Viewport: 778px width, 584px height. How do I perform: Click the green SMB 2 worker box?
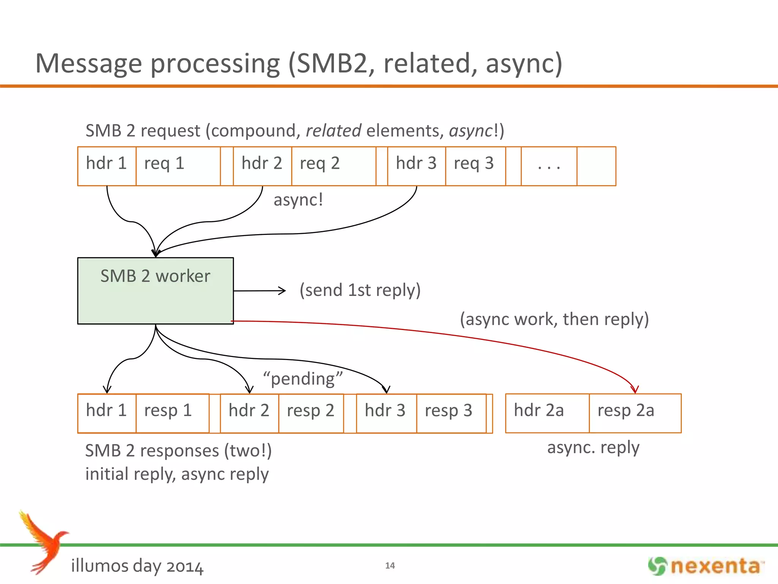(155, 291)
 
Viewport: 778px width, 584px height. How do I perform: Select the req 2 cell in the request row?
(334, 166)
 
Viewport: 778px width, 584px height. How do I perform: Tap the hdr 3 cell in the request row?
(416, 166)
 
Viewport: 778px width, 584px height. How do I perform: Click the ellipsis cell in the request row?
(549, 166)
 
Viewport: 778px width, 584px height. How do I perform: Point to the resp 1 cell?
(172, 413)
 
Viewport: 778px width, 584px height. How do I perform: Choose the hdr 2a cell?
(547, 413)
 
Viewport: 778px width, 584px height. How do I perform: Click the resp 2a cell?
(635, 413)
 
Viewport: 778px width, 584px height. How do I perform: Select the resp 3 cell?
(451, 413)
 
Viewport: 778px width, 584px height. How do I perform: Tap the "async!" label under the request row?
(298, 200)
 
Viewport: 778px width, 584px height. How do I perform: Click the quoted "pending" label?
(303, 379)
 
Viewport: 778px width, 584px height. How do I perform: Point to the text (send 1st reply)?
(360, 290)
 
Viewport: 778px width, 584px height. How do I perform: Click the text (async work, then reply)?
(554, 319)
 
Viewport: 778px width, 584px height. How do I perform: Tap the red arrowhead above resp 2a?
(635, 389)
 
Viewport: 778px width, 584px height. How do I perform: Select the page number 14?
(390, 565)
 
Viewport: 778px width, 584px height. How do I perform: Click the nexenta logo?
(706, 566)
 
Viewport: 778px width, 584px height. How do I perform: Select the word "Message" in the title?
(88, 63)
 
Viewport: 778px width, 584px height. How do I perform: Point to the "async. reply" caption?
(593, 448)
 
